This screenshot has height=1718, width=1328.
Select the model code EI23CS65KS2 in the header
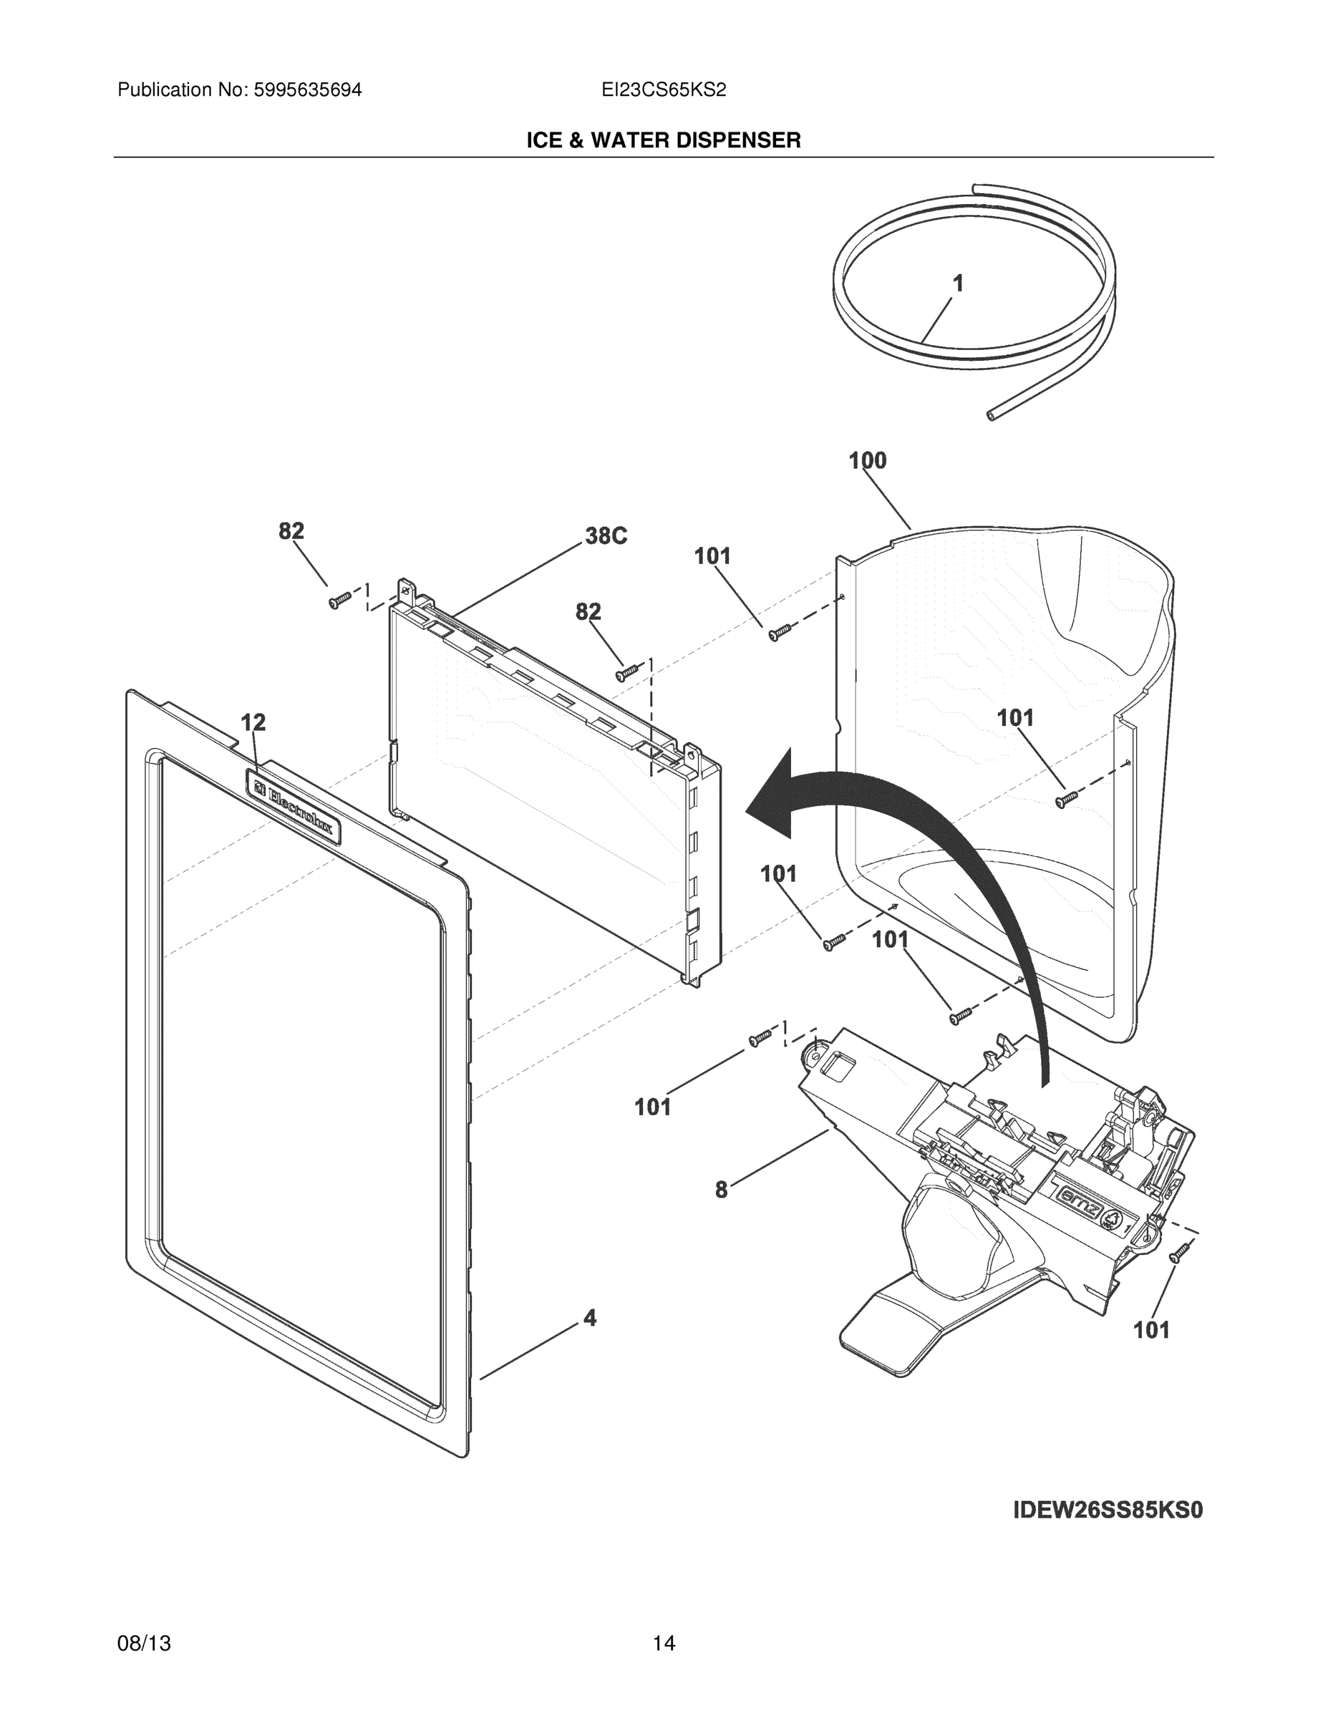(x=663, y=89)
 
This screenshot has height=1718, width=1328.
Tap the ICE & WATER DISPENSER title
(x=663, y=140)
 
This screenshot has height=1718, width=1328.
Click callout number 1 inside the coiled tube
(x=957, y=283)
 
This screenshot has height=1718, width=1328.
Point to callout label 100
(x=867, y=460)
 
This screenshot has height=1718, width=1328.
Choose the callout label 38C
(x=606, y=536)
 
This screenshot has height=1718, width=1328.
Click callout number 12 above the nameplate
(x=253, y=722)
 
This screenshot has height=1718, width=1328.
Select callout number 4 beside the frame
(x=589, y=1317)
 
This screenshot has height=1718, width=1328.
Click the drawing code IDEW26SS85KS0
(x=1108, y=1510)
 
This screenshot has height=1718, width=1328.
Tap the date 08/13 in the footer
(x=144, y=1644)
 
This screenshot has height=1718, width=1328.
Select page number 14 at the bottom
(x=663, y=1644)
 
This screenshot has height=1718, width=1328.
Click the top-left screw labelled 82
(x=339, y=601)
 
